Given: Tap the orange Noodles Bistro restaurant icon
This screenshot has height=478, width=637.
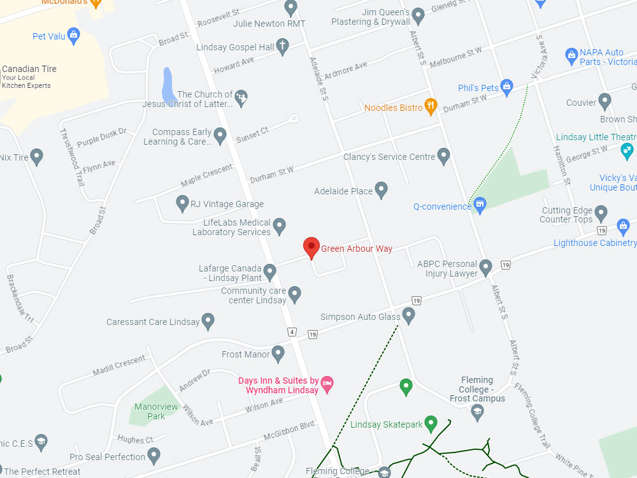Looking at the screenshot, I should [431, 106].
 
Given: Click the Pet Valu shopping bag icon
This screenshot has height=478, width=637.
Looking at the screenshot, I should [73, 35].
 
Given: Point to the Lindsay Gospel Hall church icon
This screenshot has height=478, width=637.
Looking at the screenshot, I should [282, 46].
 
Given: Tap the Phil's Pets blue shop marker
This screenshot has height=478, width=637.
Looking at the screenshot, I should [507, 86].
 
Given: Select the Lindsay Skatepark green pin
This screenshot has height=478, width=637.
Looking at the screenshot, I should [431, 423].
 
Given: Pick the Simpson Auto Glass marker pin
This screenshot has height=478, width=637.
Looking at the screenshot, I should [409, 315].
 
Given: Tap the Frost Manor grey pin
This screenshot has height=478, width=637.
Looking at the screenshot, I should [278, 353].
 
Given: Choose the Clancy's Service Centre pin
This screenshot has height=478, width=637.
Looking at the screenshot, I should [444, 156].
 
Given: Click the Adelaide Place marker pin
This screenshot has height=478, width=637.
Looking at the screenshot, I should [381, 189].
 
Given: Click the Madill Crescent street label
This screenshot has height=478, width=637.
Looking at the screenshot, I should [119, 366].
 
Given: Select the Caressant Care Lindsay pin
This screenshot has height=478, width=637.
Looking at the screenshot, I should [208, 321].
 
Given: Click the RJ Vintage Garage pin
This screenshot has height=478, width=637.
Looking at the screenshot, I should [182, 203].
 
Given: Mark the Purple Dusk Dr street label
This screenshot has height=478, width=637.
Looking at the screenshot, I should [101, 137].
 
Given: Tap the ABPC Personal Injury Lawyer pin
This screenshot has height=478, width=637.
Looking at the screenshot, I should [485, 267].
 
